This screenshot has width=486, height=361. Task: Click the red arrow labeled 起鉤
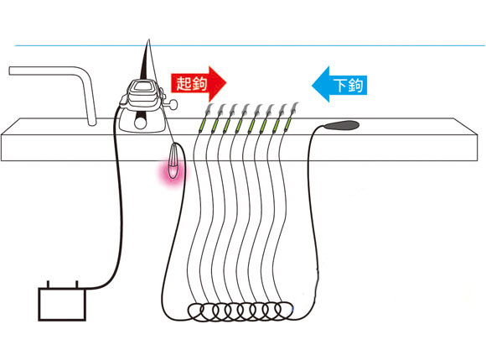click(199, 83)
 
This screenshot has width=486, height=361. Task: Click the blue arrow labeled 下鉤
click(339, 84)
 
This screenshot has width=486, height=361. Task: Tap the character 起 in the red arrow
click(184, 83)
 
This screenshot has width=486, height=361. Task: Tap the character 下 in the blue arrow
click(340, 85)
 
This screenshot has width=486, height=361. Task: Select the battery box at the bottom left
click(62, 304)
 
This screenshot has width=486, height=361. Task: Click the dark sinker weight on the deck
click(342, 125)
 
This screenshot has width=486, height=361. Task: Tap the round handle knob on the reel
click(173, 104)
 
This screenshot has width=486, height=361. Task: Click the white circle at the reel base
click(140, 123)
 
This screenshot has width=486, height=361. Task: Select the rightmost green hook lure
click(288, 123)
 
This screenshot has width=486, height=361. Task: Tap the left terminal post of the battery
click(48, 285)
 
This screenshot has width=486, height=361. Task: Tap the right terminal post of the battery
click(76, 285)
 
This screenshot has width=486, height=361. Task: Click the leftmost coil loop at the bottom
click(196, 312)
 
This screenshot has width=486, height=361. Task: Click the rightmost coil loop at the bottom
click(284, 311)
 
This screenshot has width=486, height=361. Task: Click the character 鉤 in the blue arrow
click(355, 85)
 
